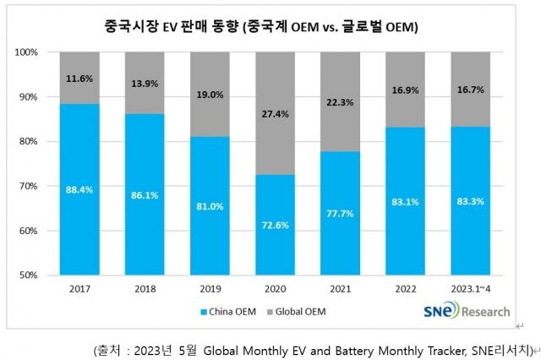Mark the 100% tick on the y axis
(x=26, y=52)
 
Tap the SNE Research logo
(x=466, y=312)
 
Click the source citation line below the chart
(x=313, y=348)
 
